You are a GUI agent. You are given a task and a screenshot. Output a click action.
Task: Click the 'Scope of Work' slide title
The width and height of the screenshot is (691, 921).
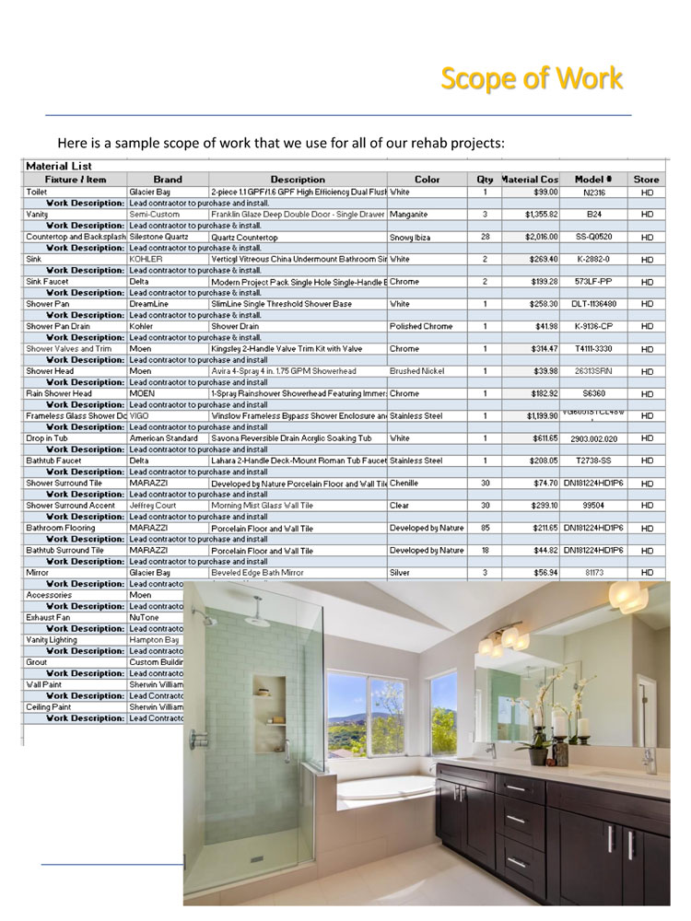532,79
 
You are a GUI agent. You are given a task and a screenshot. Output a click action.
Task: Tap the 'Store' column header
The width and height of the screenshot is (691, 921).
647,179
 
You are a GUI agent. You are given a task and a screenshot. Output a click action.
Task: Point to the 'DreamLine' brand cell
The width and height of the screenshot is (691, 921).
149,303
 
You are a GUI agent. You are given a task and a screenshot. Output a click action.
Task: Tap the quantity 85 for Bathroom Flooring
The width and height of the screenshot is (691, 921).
484,528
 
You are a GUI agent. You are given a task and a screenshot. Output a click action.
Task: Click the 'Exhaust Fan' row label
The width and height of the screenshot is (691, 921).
48,617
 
